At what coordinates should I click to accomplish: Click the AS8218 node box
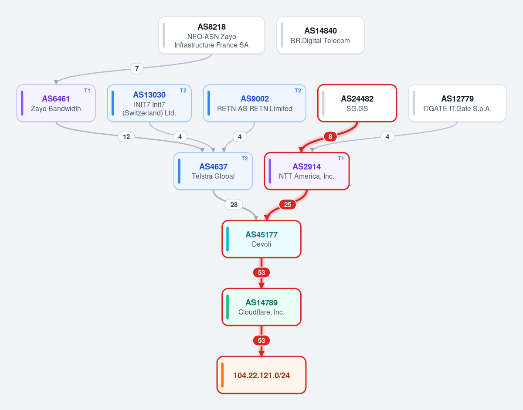pos(211,35)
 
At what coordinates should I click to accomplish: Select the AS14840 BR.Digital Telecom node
pos(320,35)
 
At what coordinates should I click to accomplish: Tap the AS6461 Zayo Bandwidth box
pos(56,103)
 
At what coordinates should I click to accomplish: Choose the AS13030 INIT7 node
pos(149,103)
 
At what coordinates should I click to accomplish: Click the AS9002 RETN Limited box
pos(255,103)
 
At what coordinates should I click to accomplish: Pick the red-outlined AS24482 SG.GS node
pos(357,103)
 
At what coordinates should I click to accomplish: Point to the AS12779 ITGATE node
pos(457,103)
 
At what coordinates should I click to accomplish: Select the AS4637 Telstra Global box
pos(213,171)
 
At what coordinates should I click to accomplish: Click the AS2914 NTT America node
pos(307,171)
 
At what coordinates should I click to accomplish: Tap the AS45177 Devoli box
pos(261,239)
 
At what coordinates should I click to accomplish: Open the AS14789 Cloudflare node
pos(261,307)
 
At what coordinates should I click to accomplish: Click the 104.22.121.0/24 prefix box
pos(261,375)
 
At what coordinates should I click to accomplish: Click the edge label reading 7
pos(137,69)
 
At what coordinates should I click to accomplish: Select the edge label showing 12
pos(126,137)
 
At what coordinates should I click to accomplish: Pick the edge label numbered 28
pos(234,205)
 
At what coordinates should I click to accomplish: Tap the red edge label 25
pos(288,205)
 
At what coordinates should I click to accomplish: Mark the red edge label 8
pos(330,137)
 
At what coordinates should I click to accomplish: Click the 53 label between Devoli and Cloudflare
pos(261,273)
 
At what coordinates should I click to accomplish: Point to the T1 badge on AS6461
pos(87,91)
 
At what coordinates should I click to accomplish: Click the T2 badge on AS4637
pos(245,159)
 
